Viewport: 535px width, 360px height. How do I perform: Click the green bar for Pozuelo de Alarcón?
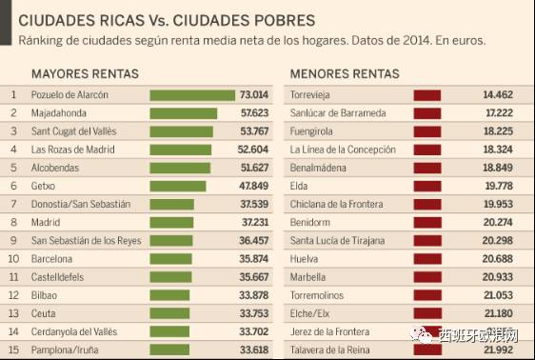click(x=192, y=95)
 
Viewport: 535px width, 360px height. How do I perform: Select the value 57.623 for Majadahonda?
click(x=254, y=113)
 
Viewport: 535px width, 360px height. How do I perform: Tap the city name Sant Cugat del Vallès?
click(x=73, y=131)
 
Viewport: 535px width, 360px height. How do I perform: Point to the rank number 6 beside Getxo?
click(x=13, y=186)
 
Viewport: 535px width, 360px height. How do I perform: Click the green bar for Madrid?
click(x=171, y=223)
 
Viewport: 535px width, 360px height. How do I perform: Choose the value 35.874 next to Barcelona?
click(x=254, y=259)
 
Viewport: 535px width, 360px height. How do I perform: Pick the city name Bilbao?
click(x=44, y=295)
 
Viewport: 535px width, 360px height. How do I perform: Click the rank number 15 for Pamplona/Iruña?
click(x=13, y=350)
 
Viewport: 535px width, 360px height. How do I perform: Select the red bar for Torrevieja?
click(x=427, y=95)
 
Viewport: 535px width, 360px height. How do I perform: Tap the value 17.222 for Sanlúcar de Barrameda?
click(x=499, y=113)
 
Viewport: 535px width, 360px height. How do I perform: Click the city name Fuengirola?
click(x=311, y=131)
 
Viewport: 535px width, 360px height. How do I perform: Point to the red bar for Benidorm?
click(x=427, y=223)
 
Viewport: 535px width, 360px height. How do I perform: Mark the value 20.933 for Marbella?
click(x=498, y=277)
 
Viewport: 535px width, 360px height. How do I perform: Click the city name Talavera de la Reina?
click(x=330, y=350)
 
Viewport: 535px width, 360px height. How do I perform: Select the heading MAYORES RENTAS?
click(x=85, y=73)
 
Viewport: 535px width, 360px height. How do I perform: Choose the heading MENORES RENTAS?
click(x=345, y=73)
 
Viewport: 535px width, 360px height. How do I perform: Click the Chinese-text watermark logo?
click(x=465, y=334)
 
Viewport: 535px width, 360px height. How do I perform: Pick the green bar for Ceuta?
click(x=169, y=313)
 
